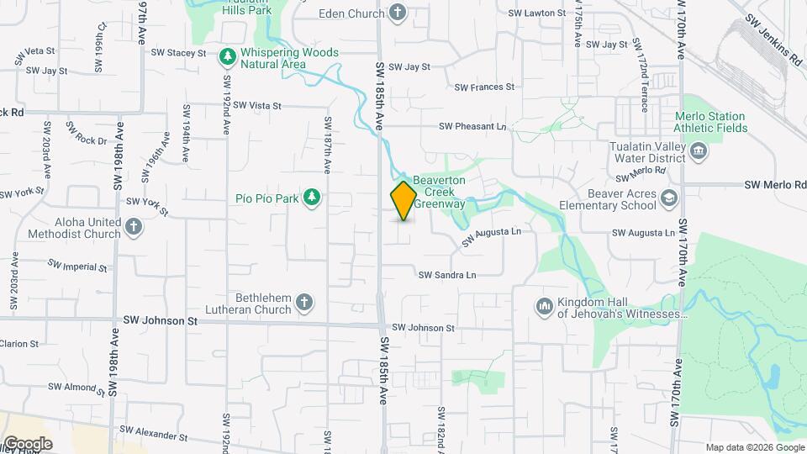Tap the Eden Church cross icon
[398, 13]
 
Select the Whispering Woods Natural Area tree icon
[226, 57]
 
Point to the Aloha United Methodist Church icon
[134, 227]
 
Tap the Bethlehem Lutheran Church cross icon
[304, 302]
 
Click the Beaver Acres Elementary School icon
[669, 198]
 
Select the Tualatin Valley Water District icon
[699, 151]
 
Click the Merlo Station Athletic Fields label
[709, 122]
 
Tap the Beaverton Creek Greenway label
[438, 192]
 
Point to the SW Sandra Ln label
[447, 275]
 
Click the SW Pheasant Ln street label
[472, 126]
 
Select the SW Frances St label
[484, 87]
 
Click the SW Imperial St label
[77, 266]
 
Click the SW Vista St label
[257, 105]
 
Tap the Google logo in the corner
[28, 443]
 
